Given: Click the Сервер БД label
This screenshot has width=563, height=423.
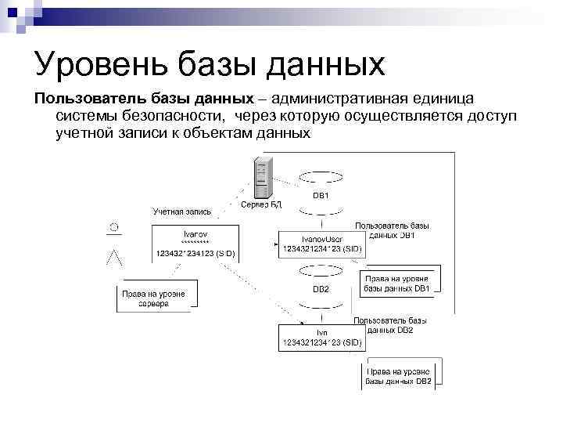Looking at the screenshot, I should click(x=260, y=204).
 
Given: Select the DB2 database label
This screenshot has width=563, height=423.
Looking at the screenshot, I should click(x=321, y=288).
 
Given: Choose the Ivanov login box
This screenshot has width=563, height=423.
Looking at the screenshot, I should click(x=195, y=243).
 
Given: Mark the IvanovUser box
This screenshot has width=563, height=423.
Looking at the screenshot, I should click(x=321, y=243).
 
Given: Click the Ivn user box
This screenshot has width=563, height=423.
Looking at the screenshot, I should click(x=321, y=337).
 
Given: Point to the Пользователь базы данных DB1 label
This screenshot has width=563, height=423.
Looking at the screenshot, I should click(x=392, y=230).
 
